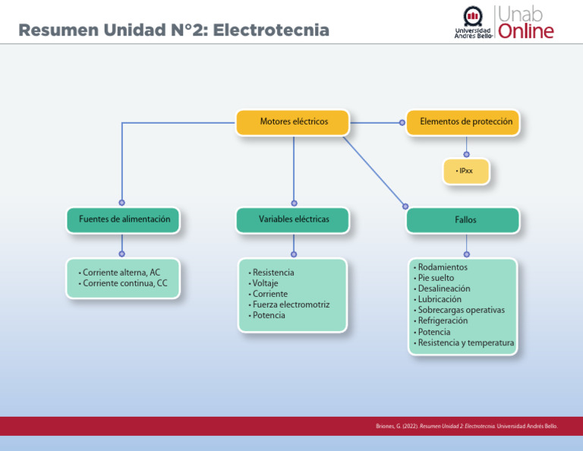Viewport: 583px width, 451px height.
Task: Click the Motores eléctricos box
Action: [293, 122]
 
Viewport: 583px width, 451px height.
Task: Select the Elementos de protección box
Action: [465, 122]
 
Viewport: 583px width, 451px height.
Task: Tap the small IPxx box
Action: [465, 172]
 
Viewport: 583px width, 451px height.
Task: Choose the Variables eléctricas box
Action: [293, 219]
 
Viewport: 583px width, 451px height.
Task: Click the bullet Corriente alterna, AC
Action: [121, 273]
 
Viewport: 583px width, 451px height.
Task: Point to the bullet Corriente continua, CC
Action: [124, 284]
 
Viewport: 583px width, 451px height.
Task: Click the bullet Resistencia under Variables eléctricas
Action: [273, 273]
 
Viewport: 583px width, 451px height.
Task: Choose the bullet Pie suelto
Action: [436, 278]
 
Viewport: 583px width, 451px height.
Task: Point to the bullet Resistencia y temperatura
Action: [465, 342]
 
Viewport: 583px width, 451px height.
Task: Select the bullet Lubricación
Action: [440, 299]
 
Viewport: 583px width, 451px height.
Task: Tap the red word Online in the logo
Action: [526, 31]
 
